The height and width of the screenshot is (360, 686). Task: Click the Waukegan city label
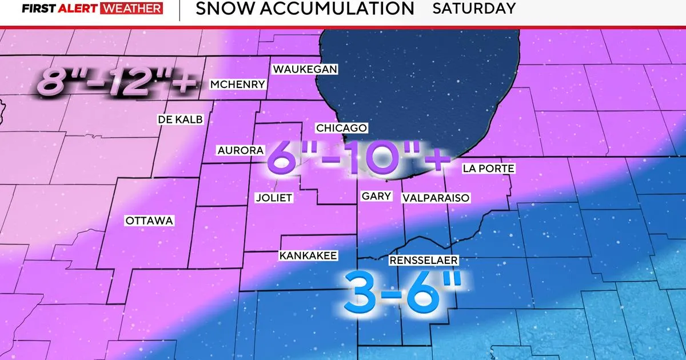305,69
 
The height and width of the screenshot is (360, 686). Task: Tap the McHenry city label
238,85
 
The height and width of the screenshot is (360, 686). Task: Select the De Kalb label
180,119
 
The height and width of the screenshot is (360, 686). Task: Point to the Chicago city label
341,128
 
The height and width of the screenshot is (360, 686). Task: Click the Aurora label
240,150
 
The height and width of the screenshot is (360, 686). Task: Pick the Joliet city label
274,198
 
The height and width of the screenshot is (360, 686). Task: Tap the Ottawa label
149,221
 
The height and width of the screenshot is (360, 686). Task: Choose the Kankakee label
308,255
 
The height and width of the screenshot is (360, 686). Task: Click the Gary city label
377,196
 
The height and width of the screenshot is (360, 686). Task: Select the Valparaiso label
436,198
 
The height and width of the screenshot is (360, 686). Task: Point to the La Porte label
489,168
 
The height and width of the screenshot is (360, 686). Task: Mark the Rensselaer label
424,260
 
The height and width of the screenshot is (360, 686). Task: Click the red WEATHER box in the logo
131,9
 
